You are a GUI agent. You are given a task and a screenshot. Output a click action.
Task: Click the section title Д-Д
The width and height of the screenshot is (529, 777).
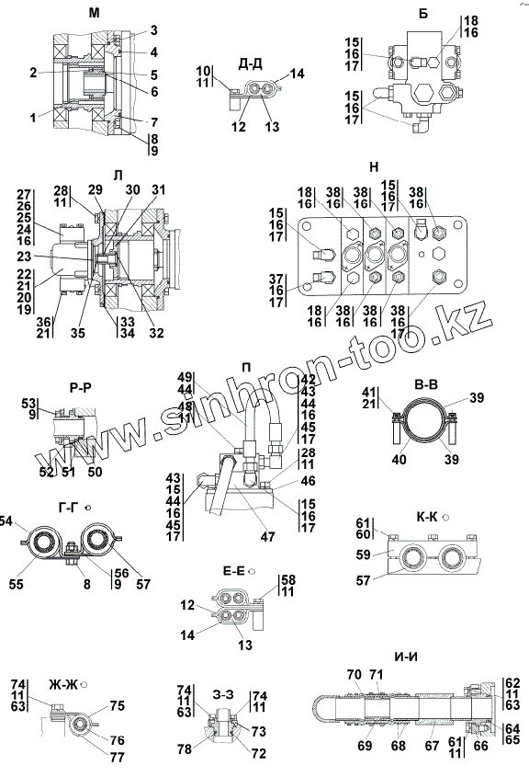pyautogui.click(x=250, y=64)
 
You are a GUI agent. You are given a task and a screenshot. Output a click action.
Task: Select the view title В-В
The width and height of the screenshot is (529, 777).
pyautogui.click(x=426, y=385)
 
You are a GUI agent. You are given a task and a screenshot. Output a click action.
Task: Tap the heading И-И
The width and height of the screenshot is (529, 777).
pyautogui.click(x=406, y=657)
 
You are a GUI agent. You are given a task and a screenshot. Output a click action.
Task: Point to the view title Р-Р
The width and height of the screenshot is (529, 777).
pyautogui.click(x=80, y=388)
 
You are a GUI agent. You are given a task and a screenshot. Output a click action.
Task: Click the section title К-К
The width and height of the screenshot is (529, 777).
pyautogui.click(x=426, y=518)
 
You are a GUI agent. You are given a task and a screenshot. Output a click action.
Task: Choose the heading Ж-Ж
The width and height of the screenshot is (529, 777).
pyautogui.click(x=63, y=685)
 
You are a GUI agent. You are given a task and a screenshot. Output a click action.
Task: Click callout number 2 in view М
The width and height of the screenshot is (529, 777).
pyautogui.click(x=33, y=73)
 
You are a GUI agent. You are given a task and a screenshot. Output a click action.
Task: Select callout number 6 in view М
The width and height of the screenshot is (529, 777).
pyautogui.click(x=154, y=91)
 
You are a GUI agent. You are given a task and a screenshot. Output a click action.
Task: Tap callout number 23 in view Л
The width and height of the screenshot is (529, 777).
pyautogui.click(x=24, y=257)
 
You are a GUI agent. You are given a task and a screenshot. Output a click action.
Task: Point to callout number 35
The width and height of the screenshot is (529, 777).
pyautogui.click(x=78, y=333)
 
